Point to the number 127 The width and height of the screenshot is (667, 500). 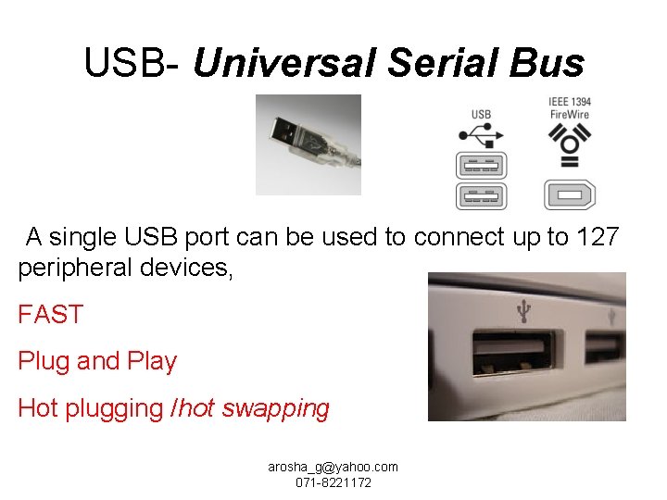point(597,237)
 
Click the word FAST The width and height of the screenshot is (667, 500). point(50,315)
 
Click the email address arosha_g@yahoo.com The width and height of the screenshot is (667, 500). point(333,468)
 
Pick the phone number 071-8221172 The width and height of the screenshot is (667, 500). point(333,483)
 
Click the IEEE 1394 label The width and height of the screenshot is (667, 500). point(570,101)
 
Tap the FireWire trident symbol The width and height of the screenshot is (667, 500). point(569,142)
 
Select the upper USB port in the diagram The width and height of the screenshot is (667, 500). point(482,167)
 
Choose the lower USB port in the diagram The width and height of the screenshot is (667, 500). point(482,196)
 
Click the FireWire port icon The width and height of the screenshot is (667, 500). point(569,195)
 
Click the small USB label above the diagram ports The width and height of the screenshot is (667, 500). point(482,114)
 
